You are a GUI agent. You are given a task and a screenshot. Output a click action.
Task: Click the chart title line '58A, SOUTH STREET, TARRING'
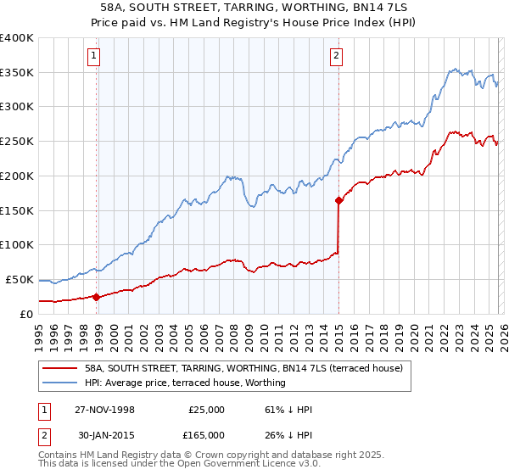click(254, 7)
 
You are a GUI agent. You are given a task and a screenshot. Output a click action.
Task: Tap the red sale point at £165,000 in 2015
click(338, 201)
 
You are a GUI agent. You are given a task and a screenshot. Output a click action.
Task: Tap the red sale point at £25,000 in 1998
click(97, 297)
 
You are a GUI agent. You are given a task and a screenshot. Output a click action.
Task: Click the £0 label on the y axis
click(25, 314)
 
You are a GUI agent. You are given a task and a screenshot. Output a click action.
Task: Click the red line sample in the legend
click(59, 369)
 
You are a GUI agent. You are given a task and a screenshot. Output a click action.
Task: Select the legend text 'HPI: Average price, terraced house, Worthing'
click(185, 383)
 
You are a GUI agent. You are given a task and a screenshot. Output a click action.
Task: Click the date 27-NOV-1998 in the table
click(112, 410)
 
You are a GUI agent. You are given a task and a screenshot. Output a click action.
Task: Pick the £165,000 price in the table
click(206, 434)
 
